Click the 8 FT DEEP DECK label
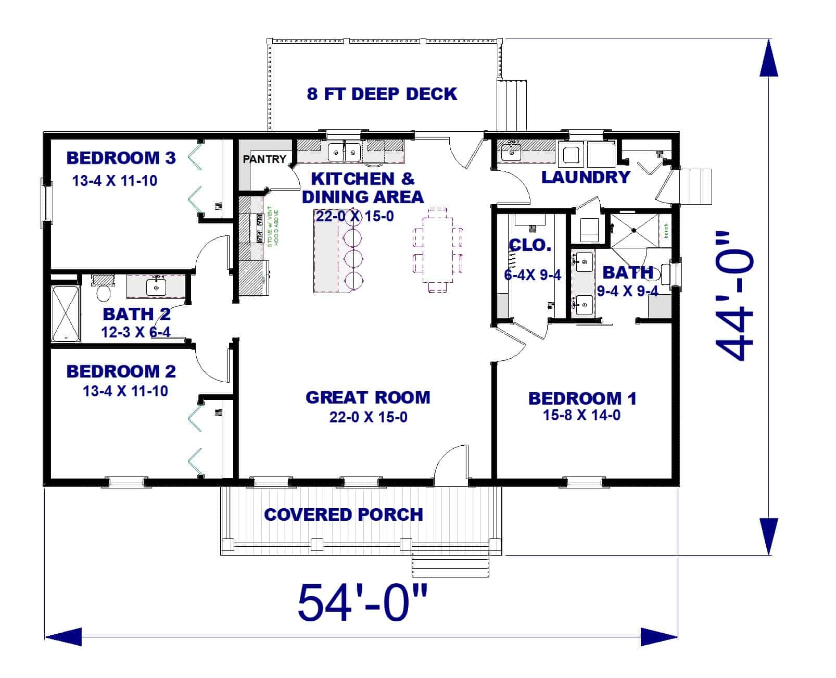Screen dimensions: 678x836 pos(382,94)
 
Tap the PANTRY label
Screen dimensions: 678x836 pos(264,159)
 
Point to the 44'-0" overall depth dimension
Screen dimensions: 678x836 pos(734,297)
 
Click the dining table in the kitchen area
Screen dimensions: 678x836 pos(437,249)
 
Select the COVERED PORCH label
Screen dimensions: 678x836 pos(343,514)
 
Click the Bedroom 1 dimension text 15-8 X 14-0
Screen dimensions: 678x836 pos(581,416)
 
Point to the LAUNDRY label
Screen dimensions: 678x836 pos(586,178)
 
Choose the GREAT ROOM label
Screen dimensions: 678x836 pos(368,398)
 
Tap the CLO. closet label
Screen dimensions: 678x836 pos(530,245)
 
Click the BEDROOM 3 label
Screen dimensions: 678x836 pos(121,158)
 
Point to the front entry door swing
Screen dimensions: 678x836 pos(451,462)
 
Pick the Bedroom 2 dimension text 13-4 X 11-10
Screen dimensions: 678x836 pos(125,391)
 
